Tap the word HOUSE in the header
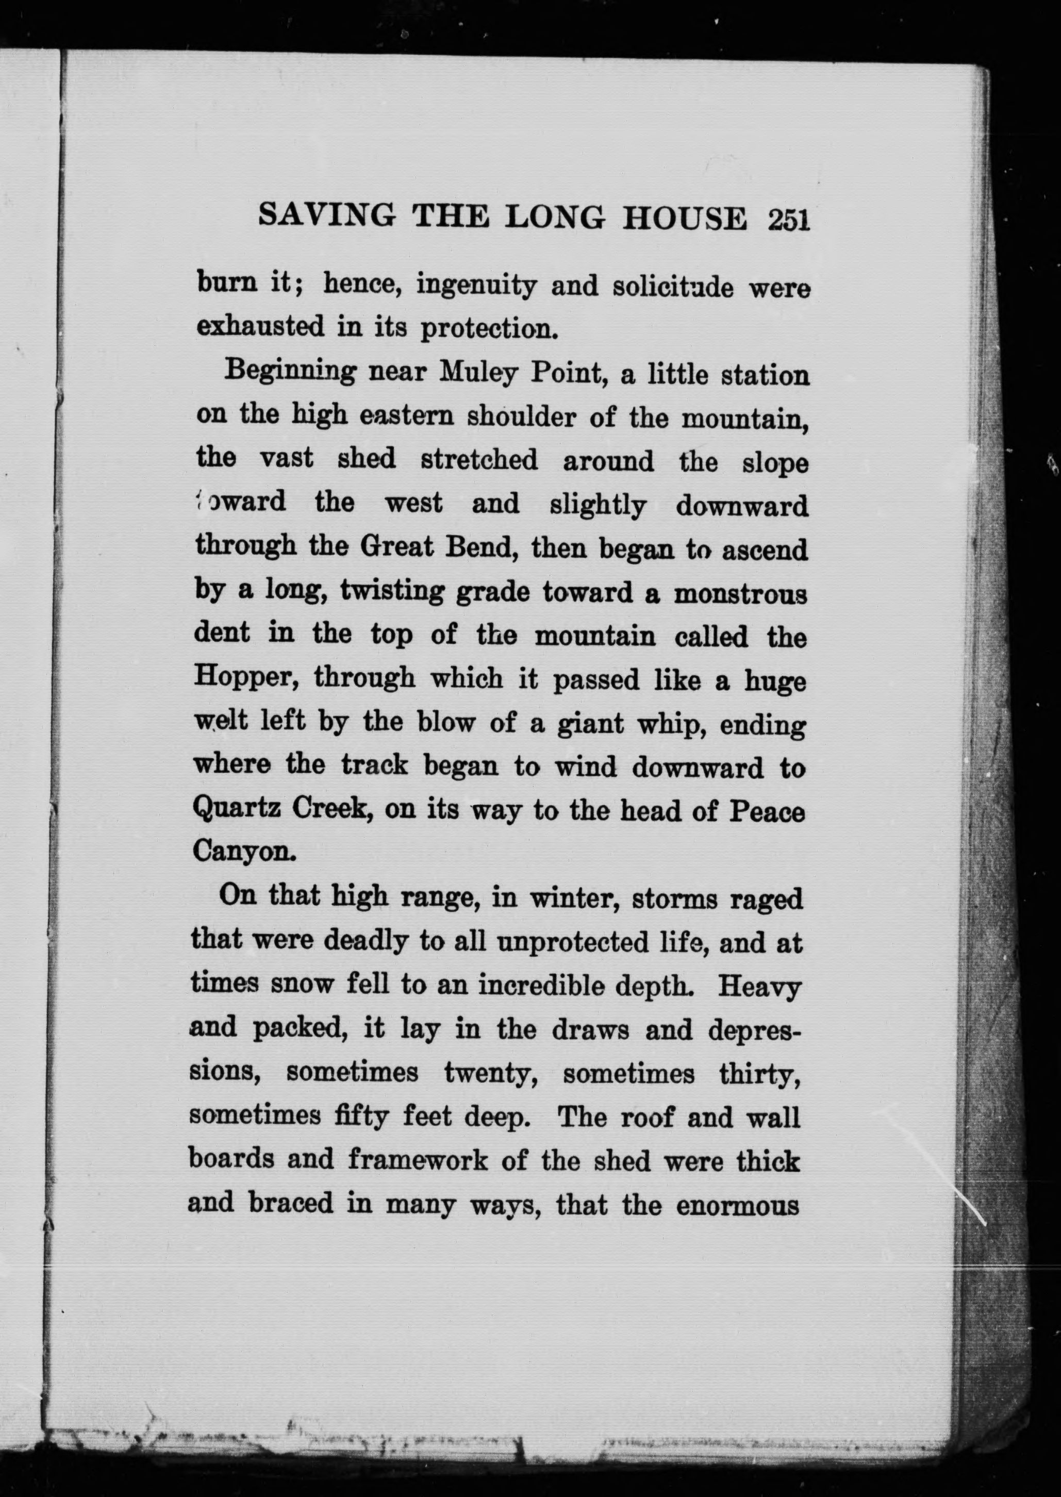tap(684, 218)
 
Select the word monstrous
tap(740, 594)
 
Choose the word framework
tap(418, 1160)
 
